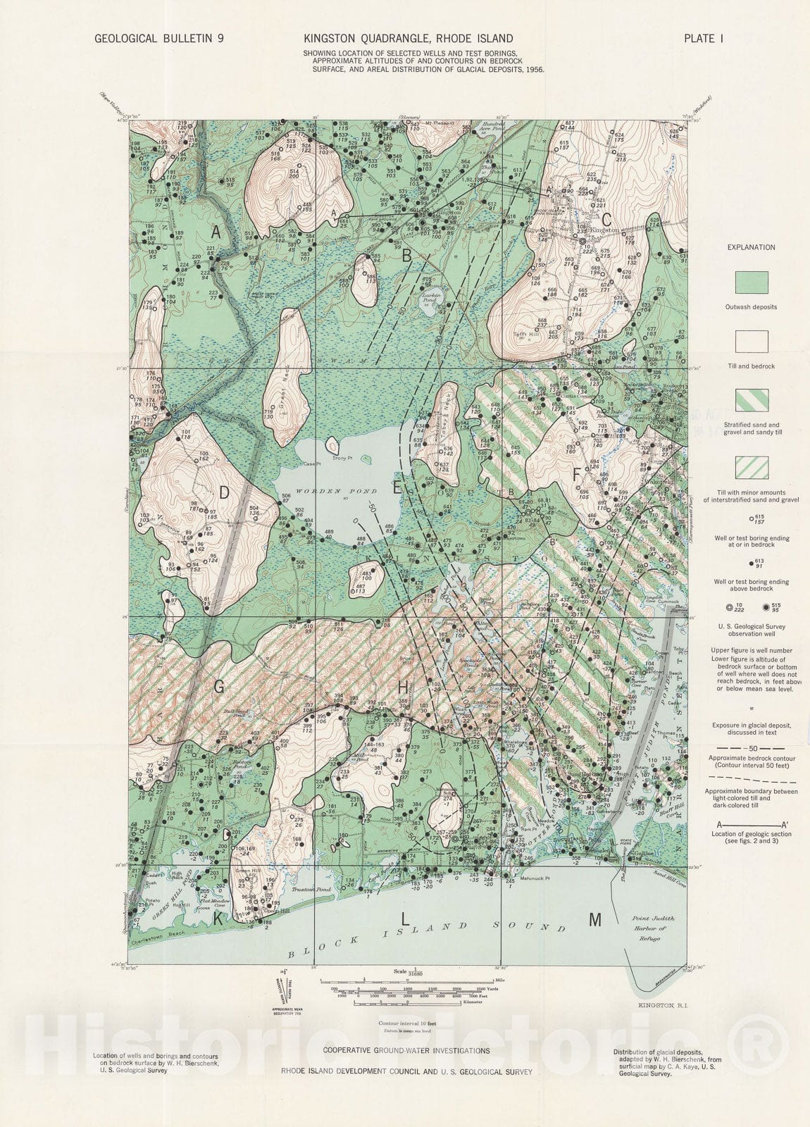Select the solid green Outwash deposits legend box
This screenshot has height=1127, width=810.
(752, 282)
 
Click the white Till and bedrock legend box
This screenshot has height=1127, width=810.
(752, 342)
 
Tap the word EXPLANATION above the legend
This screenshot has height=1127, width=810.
(752, 247)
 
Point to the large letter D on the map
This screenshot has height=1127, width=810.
(224, 493)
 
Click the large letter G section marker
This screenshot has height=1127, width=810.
(219, 688)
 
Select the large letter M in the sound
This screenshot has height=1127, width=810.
(595, 920)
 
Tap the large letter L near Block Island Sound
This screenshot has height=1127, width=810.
(404, 919)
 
